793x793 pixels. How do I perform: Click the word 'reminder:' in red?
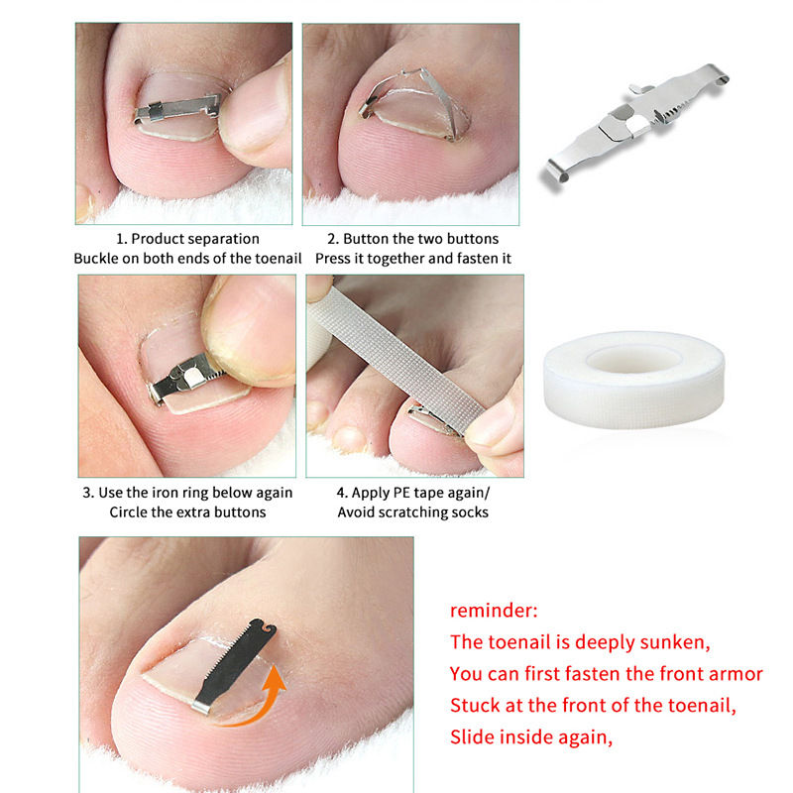[x=494, y=611]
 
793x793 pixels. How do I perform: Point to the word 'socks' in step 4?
[x=470, y=512]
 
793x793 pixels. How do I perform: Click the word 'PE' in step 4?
[x=401, y=493]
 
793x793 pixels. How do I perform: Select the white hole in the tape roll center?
[x=633, y=359]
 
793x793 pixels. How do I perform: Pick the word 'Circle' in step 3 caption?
[x=127, y=512]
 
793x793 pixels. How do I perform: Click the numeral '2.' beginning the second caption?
[x=333, y=239]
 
